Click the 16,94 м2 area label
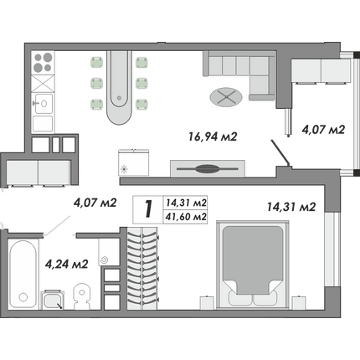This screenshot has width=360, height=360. [213, 137]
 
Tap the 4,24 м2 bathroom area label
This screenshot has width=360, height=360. [67, 264]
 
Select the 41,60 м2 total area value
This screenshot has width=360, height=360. [186, 217]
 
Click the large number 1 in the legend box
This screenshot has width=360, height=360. [148, 209]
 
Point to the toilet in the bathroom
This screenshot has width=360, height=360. [82, 296]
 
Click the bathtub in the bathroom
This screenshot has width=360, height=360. [23, 274]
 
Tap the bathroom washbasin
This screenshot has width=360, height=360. [53, 300]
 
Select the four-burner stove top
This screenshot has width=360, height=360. [43, 62]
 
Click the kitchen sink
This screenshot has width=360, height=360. [43, 103]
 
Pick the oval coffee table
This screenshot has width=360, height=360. [226, 97]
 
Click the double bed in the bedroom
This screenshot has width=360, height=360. [253, 265]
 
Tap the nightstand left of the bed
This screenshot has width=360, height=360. [207, 302]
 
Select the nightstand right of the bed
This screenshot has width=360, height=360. [299, 302]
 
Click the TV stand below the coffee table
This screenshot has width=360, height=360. [208, 168]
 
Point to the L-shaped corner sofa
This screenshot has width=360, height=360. [239, 75]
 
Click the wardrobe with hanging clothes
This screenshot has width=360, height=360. [142, 268]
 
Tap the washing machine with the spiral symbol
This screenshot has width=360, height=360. [109, 252]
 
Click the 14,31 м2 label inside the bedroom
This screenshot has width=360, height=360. [291, 207]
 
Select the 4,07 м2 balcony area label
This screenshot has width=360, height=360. [323, 130]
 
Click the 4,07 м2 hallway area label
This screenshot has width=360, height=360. [95, 203]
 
